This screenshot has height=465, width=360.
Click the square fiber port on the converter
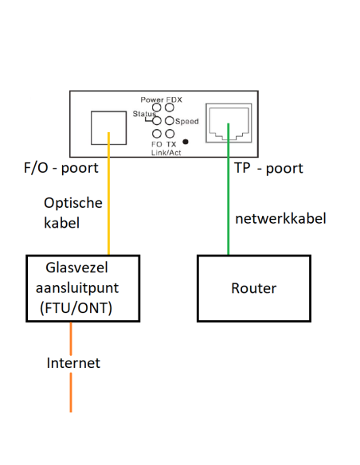pyautogui.click(x=107, y=127)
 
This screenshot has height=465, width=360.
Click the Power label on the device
pyautogui.click(x=151, y=99)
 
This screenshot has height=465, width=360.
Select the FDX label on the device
pyautogui.click(x=174, y=99)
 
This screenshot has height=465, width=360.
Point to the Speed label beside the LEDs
pyautogui.click(x=187, y=121)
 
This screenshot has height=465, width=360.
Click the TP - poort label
pyautogui.click(x=268, y=169)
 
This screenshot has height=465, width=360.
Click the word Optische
pyautogui.click(x=73, y=203)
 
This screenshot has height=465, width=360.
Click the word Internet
pyautogui.click(x=73, y=363)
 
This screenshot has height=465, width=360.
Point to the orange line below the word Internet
pyautogui.click(x=71, y=394)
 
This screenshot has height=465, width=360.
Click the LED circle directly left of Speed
pyautogui.click(x=170, y=121)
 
